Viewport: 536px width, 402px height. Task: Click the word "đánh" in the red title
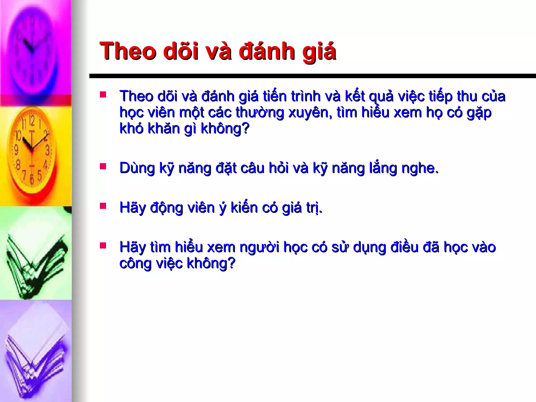pos(267,51)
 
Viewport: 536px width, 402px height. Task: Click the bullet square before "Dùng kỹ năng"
pos(103,166)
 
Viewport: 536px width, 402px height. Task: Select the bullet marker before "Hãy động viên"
pos(103,206)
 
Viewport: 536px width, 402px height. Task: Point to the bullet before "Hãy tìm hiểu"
pos(103,246)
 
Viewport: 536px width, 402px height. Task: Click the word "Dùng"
pos(137,168)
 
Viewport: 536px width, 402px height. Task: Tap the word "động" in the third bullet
pos(166,208)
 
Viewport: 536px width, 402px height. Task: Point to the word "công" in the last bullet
pos(135,264)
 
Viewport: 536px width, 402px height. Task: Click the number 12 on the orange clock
pos(31,121)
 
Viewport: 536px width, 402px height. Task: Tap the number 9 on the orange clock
pos(16,150)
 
